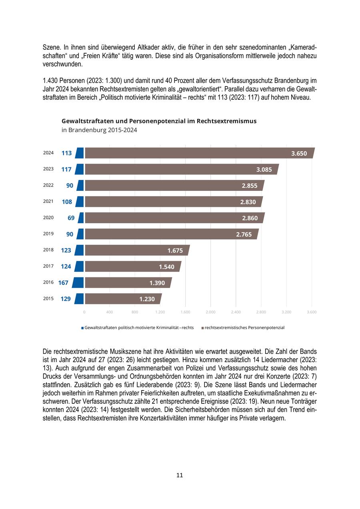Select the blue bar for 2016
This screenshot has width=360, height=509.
click(78, 283)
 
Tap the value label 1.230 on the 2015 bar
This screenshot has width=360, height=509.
click(147, 299)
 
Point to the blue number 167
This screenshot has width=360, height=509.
click(63, 283)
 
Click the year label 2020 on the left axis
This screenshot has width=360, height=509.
click(48, 217)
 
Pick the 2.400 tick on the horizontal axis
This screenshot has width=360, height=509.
click(236, 312)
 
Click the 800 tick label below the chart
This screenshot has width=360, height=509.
click(134, 312)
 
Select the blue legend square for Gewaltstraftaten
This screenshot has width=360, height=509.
click(82, 328)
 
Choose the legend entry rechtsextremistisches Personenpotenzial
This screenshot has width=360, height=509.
click(244, 328)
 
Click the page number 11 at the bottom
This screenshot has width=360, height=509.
click(180, 475)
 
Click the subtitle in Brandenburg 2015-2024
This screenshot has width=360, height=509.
click(99, 130)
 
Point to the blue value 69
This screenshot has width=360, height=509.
click(71, 218)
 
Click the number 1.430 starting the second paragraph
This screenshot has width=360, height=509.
click(51, 80)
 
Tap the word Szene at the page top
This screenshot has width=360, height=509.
click(51, 47)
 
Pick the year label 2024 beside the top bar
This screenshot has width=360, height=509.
click(48, 152)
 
